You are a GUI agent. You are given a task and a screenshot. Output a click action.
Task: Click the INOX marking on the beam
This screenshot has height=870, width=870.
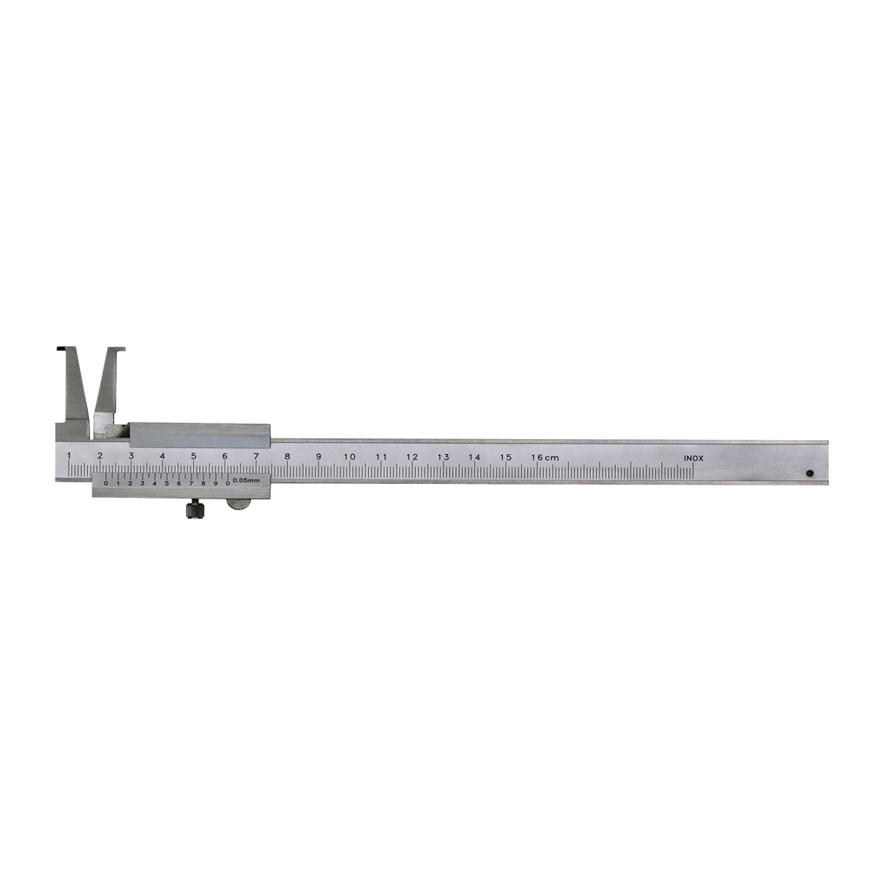(693, 458)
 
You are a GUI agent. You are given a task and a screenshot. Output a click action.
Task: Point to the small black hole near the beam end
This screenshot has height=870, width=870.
(810, 474)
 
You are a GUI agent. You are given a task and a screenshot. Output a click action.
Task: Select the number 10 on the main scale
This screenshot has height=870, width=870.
(349, 457)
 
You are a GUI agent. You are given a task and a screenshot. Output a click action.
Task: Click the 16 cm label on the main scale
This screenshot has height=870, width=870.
(545, 457)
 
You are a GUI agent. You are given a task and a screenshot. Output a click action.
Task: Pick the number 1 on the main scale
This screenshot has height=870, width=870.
(69, 456)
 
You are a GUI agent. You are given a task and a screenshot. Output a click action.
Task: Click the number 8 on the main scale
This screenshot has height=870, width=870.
(287, 457)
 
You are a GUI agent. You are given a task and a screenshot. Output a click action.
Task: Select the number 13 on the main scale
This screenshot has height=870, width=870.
(443, 457)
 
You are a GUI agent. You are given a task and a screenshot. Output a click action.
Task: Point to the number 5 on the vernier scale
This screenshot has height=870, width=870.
(167, 483)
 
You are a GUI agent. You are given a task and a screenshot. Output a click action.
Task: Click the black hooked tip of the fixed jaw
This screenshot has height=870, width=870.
(62, 350)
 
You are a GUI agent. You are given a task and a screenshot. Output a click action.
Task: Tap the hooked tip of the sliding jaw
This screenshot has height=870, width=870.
(119, 351)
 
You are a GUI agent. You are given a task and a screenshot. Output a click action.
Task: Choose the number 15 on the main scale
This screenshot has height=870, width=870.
(505, 457)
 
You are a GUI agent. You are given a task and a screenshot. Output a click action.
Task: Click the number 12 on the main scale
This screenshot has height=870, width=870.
(412, 457)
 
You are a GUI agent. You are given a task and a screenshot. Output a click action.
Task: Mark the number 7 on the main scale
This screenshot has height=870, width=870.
(256, 456)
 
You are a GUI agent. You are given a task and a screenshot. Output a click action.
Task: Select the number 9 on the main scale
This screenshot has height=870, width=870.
(318, 457)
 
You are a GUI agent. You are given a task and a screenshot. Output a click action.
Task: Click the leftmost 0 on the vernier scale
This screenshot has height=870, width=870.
(106, 483)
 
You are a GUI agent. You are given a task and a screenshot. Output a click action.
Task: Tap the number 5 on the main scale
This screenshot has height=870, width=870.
(193, 456)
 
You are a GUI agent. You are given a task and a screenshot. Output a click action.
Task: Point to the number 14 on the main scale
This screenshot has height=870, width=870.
(474, 457)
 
